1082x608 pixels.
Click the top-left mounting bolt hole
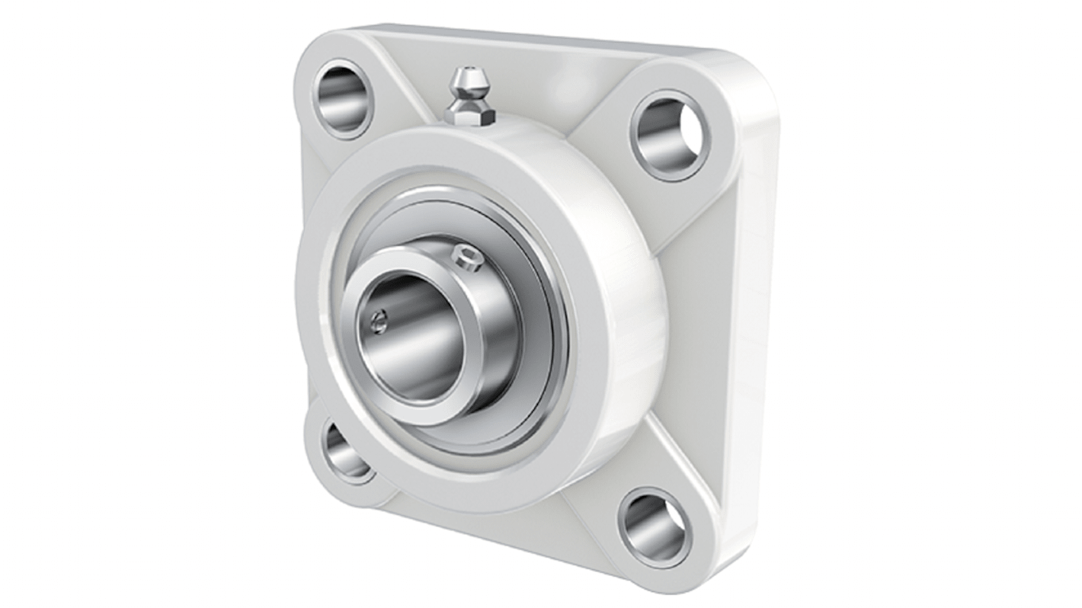tap(342, 99)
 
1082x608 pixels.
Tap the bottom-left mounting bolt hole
tap(347, 450)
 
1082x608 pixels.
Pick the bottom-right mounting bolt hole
tap(655, 528)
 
